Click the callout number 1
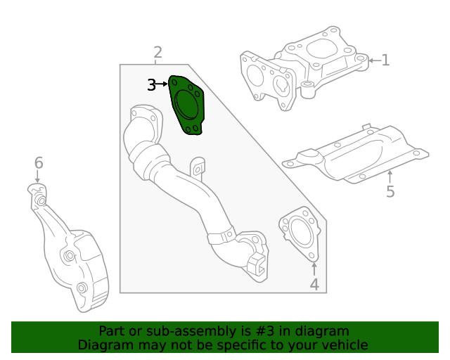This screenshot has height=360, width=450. [x=385, y=60]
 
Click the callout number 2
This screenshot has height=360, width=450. [x=157, y=51]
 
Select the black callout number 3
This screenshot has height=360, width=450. [x=152, y=85]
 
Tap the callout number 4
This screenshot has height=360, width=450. [x=314, y=285]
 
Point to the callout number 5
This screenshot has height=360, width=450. [x=390, y=191]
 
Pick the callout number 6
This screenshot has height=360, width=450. [x=39, y=163]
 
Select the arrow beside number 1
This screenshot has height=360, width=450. [x=373, y=60]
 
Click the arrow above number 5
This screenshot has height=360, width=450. [x=390, y=175]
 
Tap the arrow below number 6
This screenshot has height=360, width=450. [x=39, y=178]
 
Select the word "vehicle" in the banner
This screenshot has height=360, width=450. [x=343, y=345]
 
